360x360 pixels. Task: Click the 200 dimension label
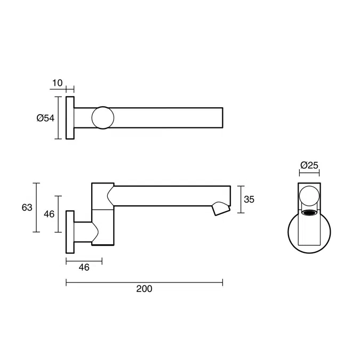[x=144, y=289]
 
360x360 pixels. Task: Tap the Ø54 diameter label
[x=46, y=118]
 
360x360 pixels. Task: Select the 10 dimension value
[x=58, y=83]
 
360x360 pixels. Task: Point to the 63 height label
[x=27, y=207]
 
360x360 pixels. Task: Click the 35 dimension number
[x=249, y=199]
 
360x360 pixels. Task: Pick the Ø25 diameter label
[x=309, y=165]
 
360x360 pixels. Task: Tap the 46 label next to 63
[x=49, y=214]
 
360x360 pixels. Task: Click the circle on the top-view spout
[x=102, y=118]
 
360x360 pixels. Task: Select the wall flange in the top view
[x=70, y=118]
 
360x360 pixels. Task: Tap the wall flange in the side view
[x=69, y=233]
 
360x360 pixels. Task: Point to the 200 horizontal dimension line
[x=144, y=282]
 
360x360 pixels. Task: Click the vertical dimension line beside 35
[x=242, y=199]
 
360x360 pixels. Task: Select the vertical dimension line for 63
[x=36, y=207]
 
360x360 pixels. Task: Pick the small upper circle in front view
[x=309, y=198]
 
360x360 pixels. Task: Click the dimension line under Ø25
[x=309, y=173]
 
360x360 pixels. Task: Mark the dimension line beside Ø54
[x=59, y=118]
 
